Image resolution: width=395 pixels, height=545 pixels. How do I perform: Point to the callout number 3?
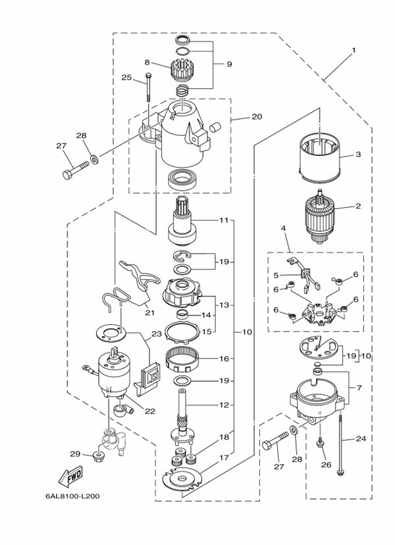(358, 155)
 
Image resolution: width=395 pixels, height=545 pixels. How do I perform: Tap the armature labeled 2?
(322, 217)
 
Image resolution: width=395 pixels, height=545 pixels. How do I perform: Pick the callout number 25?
(126, 78)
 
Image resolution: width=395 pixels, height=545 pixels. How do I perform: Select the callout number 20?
(257, 117)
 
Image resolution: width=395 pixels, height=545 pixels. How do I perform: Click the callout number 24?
(360, 438)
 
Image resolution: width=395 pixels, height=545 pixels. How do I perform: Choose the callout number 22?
(150, 412)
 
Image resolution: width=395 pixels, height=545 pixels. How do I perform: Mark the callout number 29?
(75, 454)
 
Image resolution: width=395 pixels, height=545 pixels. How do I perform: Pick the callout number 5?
(277, 275)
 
